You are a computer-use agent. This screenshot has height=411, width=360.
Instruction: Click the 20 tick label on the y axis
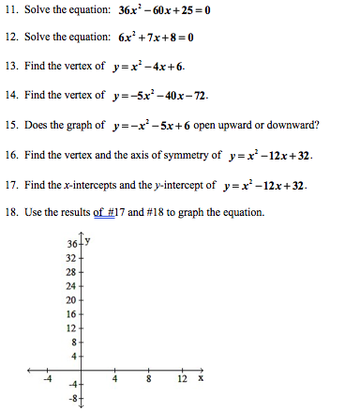click(x=71, y=299)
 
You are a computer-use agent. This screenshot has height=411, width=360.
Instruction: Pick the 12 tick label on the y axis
click(x=71, y=328)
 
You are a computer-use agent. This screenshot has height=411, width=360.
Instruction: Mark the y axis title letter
click(x=85, y=240)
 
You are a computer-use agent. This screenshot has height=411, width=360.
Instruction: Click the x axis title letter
click(x=201, y=379)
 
